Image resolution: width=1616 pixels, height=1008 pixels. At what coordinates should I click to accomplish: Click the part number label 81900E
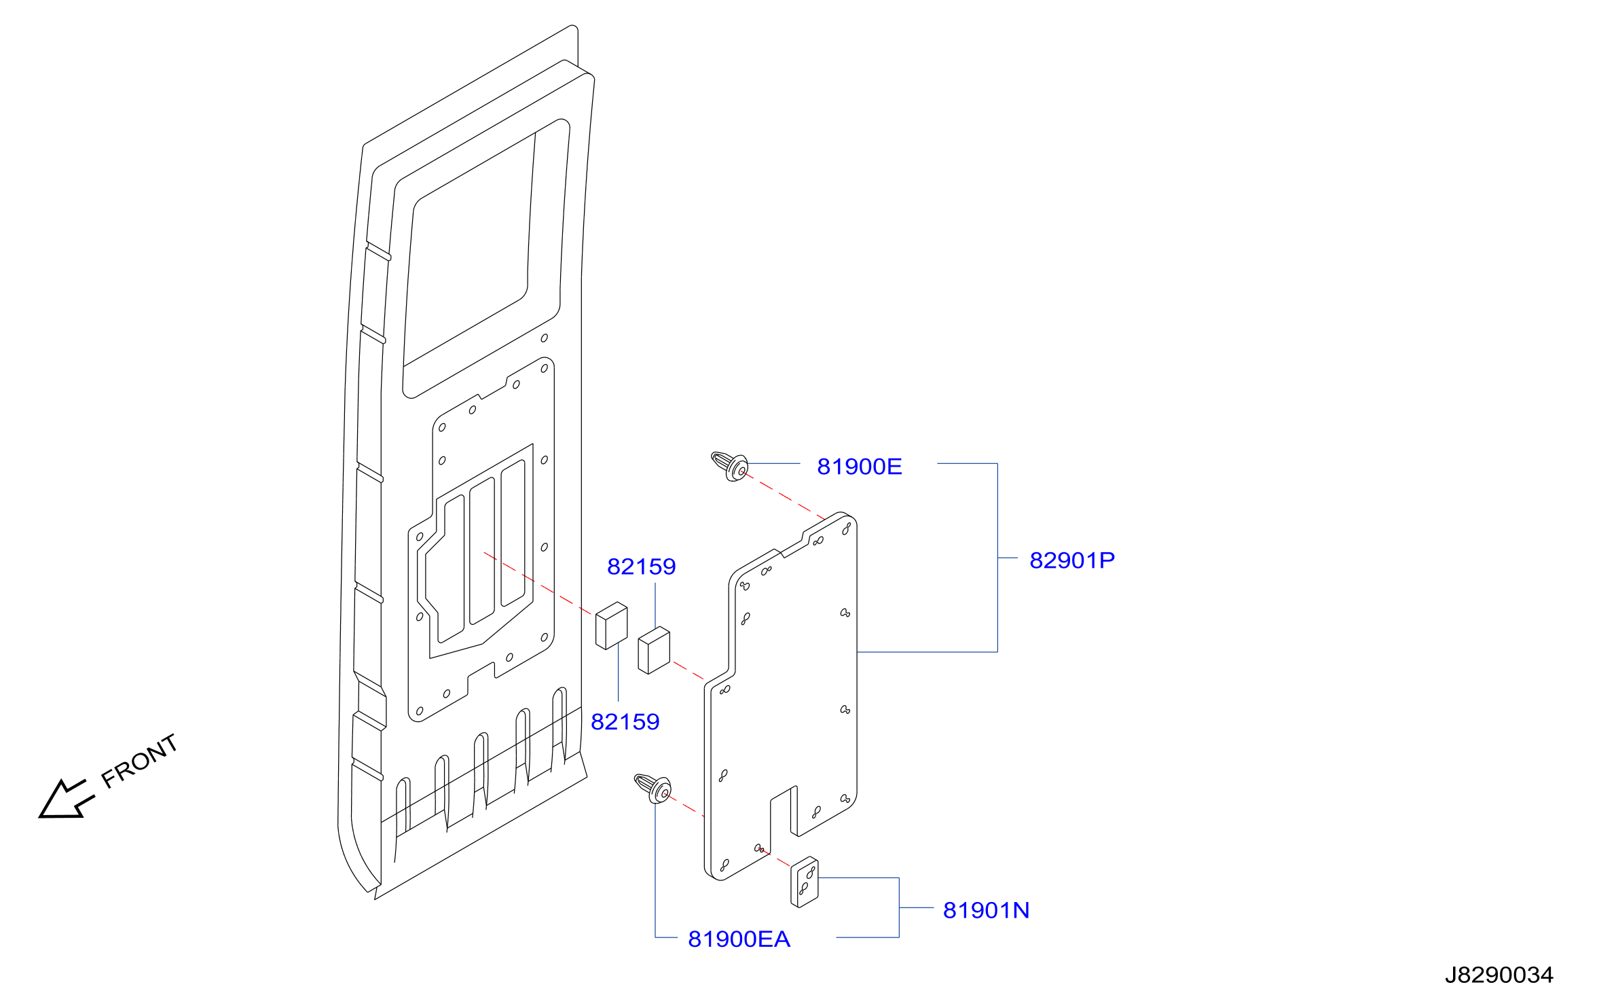[x=859, y=467]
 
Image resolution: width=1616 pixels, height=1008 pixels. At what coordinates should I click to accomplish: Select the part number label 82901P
[x=1071, y=560]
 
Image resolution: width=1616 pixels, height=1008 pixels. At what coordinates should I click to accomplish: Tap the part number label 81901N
[x=986, y=910]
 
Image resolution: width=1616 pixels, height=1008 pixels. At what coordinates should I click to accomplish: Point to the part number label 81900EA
[x=739, y=939]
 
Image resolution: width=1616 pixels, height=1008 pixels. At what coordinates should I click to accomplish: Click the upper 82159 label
[x=641, y=566]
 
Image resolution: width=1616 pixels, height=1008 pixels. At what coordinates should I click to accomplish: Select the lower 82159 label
[x=625, y=721]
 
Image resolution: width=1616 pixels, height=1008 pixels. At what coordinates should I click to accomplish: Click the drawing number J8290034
[x=1499, y=975]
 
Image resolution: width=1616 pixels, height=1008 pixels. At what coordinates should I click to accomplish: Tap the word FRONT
[x=139, y=761]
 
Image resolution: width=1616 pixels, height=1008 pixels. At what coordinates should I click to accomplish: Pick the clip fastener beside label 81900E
[x=730, y=466]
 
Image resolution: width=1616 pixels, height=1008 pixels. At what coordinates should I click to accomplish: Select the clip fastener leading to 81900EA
[x=653, y=788]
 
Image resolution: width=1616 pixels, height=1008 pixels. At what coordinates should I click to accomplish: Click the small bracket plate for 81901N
[x=805, y=882]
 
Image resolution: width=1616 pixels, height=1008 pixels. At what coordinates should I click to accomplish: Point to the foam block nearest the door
[x=611, y=626]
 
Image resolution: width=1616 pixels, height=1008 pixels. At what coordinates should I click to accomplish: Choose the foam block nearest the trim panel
[x=654, y=650]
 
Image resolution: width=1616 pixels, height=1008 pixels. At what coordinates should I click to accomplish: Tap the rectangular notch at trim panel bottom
[x=784, y=812]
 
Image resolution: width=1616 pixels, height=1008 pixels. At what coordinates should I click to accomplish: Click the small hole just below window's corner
[x=544, y=338]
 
